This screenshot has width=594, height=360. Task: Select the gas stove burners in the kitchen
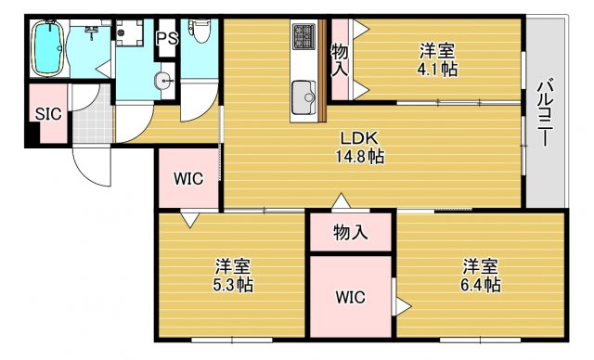pos(304,36)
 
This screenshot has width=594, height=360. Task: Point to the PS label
pos(167,38)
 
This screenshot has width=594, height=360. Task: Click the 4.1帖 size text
pos(436,69)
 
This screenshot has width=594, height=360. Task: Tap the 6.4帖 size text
pos(482,284)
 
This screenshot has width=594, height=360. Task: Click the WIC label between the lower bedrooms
pos(351,298)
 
